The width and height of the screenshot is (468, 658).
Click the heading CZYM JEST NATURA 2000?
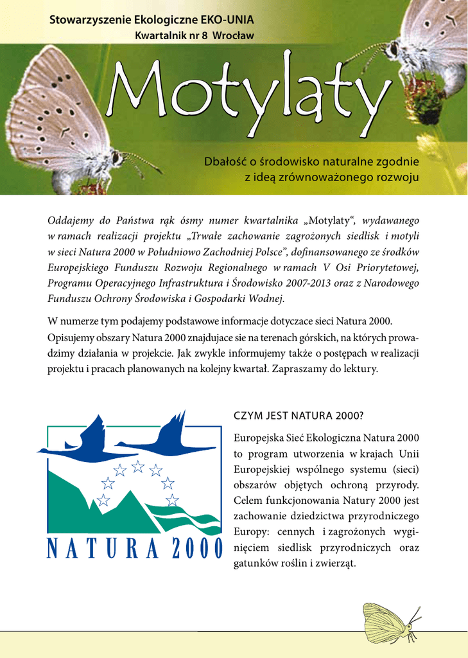[x=298, y=416]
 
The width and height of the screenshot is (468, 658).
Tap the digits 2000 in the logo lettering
[x=196, y=549]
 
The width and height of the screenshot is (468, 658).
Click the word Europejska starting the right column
[x=257, y=438]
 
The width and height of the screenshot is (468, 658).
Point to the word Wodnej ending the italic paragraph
[x=266, y=298]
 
